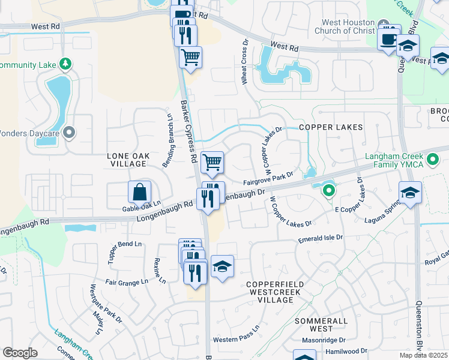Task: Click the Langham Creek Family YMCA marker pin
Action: pos(432,161)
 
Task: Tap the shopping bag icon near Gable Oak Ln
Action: pos(139,192)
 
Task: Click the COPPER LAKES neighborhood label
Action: pos(331,127)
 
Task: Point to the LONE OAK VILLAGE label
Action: pos(128,160)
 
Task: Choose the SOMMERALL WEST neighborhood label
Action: pos(322,325)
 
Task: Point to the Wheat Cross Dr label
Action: pos(246,62)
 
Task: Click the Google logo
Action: pos(20,353)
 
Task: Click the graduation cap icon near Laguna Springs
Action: pos(411,193)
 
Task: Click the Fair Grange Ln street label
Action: pos(127,281)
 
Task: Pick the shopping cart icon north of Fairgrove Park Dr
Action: pos(212,162)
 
